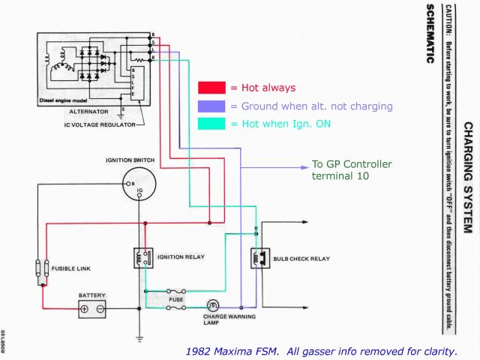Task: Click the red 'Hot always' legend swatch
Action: click(212, 88)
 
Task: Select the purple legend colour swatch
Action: click(212, 106)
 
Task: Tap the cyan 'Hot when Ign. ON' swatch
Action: click(212, 124)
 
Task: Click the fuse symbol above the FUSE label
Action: click(175, 290)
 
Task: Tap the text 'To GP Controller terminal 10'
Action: click(351, 170)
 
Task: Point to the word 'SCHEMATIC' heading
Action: click(429, 34)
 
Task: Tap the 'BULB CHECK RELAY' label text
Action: click(300, 259)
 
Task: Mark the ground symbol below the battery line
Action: click(139, 338)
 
